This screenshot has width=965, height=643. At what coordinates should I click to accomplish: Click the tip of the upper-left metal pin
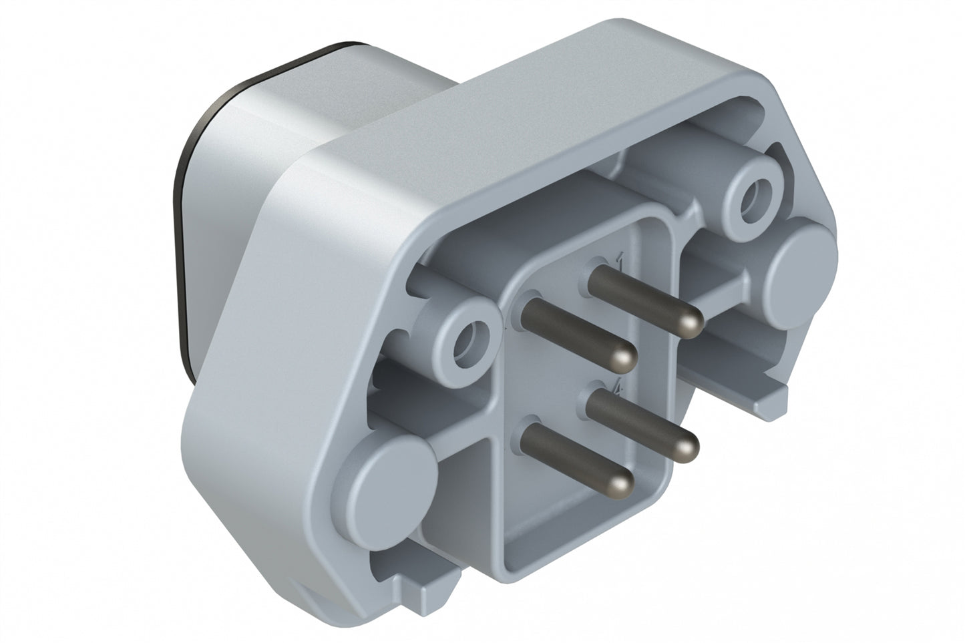click(623, 361)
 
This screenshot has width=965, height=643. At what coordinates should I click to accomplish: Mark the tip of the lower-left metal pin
click(621, 483)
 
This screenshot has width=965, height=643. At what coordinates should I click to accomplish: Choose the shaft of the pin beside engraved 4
click(641, 421)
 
